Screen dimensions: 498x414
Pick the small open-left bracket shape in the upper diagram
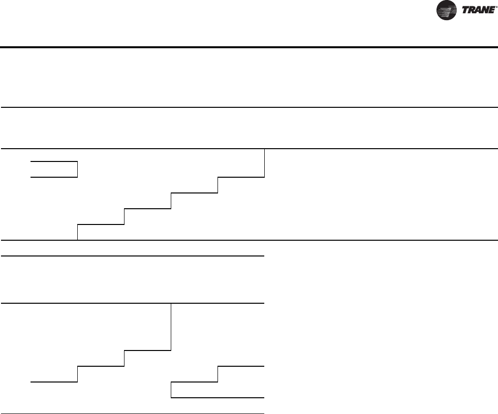54,168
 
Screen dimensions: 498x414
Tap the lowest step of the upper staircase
101,224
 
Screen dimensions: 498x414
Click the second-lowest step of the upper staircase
148,209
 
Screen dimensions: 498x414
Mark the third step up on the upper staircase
194,193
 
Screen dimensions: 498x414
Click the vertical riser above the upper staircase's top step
265,162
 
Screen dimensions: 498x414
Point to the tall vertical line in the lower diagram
171,327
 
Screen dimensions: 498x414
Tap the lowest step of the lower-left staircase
54,382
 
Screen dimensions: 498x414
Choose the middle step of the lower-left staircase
101,366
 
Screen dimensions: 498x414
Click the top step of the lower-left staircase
148,350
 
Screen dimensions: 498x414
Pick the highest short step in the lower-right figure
241,366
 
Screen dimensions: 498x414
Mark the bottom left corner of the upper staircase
78,240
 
